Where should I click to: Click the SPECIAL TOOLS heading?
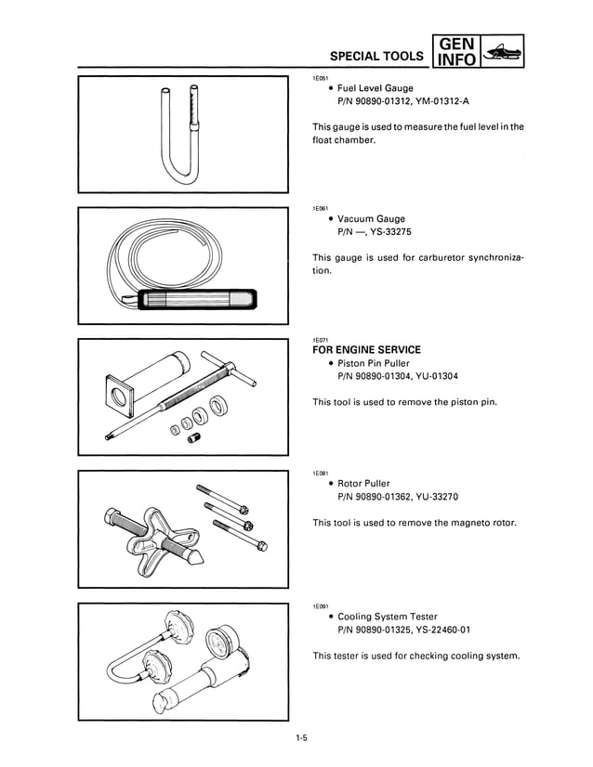[377, 56]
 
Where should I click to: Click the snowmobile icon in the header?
[503, 52]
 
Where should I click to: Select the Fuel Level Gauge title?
[375, 88]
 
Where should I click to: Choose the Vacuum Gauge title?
[371, 219]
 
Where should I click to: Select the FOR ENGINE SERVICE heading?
[366, 350]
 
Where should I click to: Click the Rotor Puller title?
[363, 483]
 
